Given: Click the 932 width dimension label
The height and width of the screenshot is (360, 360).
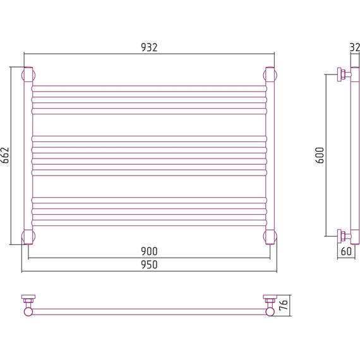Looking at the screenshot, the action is point(149,47).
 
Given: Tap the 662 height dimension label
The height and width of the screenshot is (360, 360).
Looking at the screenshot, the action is point(5,155).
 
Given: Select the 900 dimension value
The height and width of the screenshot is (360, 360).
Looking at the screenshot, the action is point(149,251).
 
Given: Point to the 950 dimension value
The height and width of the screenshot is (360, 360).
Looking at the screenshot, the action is point(149,265).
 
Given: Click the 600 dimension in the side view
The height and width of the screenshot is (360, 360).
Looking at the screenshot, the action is point(320,155).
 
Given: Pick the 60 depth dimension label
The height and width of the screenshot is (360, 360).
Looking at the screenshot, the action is point(346,251).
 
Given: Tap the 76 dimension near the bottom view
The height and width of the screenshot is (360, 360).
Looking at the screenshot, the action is point(284,304).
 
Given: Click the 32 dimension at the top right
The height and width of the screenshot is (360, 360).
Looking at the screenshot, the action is point(355,47).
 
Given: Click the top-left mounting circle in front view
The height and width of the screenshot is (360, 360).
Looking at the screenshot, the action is point(28,75).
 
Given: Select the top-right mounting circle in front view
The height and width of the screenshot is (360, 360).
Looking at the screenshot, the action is point(270,75).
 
